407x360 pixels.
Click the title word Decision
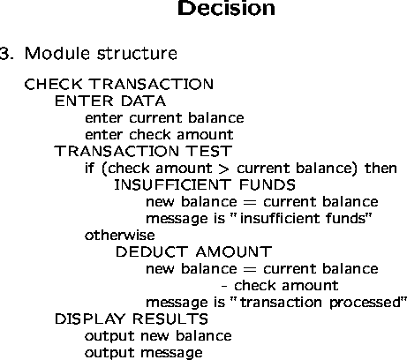click(226, 8)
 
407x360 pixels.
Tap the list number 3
click(6, 54)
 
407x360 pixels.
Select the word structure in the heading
click(137, 54)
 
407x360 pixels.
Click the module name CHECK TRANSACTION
click(119, 84)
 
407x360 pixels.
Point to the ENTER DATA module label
click(110, 101)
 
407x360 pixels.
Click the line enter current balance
click(164, 117)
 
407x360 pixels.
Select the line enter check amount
click(159, 134)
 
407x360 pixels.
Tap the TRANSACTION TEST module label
click(143, 151)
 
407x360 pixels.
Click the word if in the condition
click(89, 168)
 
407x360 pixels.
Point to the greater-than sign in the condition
click(224, 169)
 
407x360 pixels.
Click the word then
click(381, 168)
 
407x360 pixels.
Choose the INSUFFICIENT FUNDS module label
click(205, 184)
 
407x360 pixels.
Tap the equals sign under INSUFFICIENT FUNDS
click(250, 202)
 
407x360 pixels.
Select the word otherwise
click(120, 235)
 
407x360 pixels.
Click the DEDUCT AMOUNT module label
click(193, 251)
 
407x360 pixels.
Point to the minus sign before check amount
click(224, 286)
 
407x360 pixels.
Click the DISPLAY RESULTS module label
click(132, 319)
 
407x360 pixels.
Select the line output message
click(144, 353)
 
